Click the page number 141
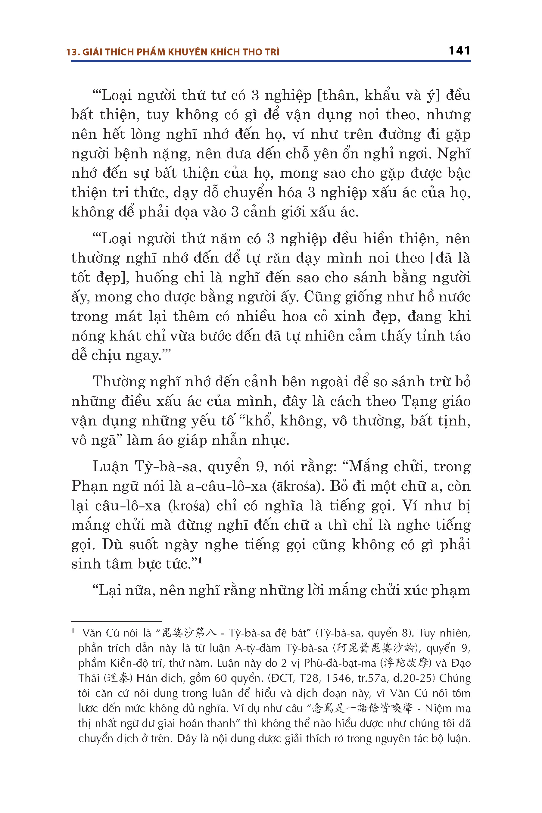click(x=459, y=51)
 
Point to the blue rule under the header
click(x=271, y=61)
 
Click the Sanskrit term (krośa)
click(x=189, y=506)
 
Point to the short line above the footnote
click(x=116, y=621)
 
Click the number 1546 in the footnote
click(x=331, y=678)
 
